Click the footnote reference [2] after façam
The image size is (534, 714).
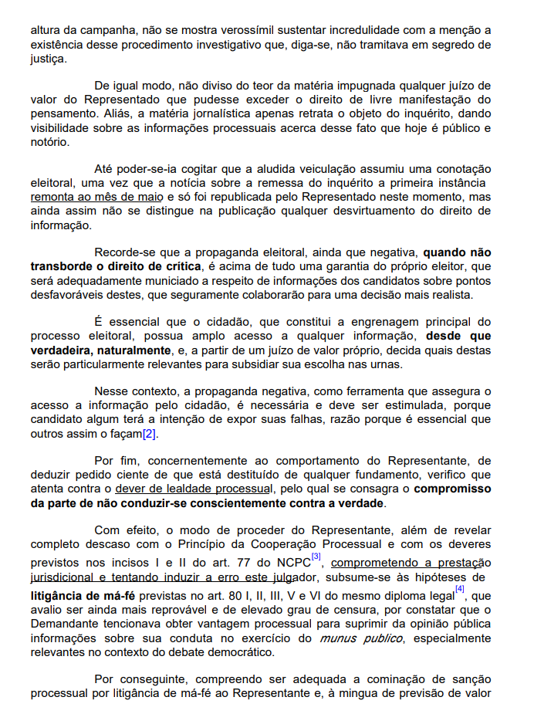tap(149, 433)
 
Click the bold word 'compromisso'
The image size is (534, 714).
tap(452, 489)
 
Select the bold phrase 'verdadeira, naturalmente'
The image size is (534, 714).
tap(101, 350)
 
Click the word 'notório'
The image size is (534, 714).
tap(49, 141)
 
